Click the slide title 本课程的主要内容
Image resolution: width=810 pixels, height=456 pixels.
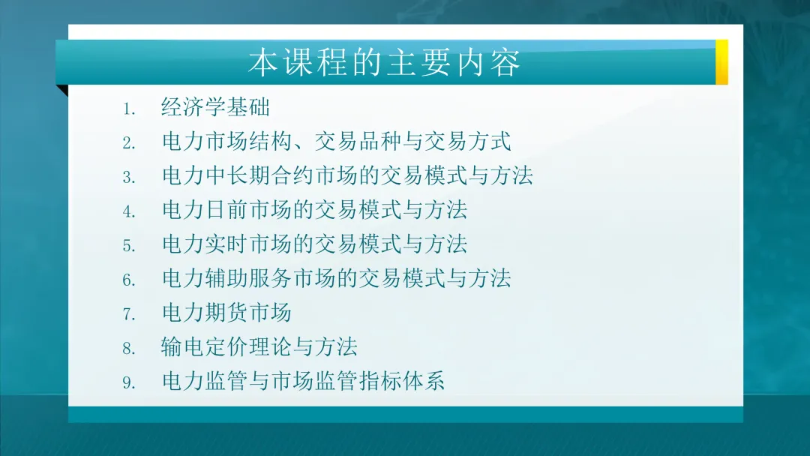384,63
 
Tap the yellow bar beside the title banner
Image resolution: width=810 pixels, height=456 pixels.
721,61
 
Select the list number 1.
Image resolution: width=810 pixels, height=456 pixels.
129,109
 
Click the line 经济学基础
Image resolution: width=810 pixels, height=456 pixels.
215,107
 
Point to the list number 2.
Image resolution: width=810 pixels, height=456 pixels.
129,143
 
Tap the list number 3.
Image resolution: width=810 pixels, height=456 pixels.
129,178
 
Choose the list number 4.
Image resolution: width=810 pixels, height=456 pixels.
129,212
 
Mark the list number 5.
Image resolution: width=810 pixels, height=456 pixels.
129,247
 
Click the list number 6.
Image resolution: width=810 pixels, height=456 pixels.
129,280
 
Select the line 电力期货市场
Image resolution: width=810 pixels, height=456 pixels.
226,312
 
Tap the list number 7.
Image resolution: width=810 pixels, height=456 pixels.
129,315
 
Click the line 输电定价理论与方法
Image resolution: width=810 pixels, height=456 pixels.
259,346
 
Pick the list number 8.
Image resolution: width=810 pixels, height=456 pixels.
129,349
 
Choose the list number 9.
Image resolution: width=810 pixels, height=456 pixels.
129,383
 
